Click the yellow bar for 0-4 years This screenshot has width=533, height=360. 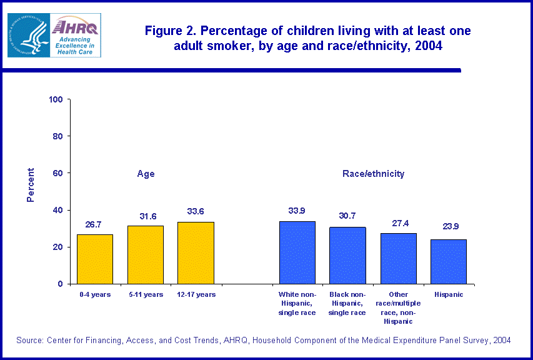pyautogui.click(x=95, y=259)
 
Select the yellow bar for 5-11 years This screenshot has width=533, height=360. pyautogui.click(x=146, y=254)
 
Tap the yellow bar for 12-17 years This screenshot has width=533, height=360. pyautogui.click(x=196, y=252)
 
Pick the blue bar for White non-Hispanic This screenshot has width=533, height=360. pyautogui.click(x=297, y=252)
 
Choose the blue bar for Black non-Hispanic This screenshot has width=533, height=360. pyautogui.click(x=347, y=255)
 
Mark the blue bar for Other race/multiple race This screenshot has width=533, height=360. pyautogui.click(x=398, y=258)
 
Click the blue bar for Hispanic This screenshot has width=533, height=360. pyautogui.click(x=448, y=261)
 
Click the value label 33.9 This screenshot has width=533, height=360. pyautogui.click(x=297, y=211)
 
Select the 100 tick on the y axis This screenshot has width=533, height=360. pyautogui.click(x=56, y=99)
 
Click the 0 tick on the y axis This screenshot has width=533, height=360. pyautogui.click(x=61, y=284)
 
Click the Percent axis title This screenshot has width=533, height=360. pyautogui.click(x=31, y=185)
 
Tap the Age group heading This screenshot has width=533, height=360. pyautogui.click(x=146, y=174)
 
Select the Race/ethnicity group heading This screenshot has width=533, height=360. pyautogui.click(x=373, y=174)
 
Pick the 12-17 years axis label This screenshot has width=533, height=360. pyautogui.click(x=196, y=294)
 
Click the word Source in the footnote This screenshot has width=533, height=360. pyautogui.click(x=30, y=340)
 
